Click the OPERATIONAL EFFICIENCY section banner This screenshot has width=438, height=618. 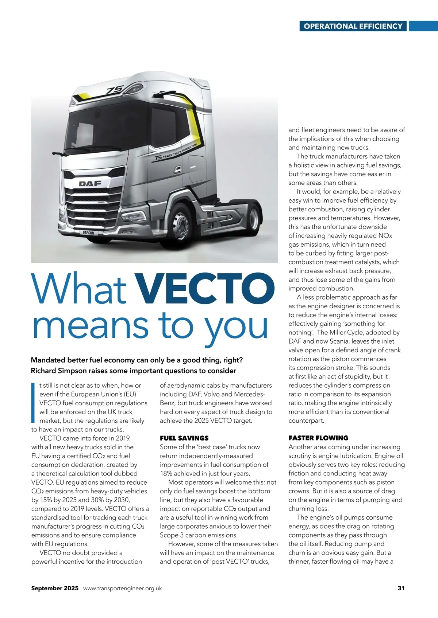click(x=353, y=26)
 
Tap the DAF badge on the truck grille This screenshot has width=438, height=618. click(x=90, y=183)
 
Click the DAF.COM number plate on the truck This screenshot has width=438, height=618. click(x=88, y=232)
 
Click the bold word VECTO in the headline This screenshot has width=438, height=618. click(x=204, y=289)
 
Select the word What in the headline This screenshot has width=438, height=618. click(x=79, y=289)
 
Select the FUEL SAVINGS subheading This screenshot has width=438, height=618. click(x=184, y=438)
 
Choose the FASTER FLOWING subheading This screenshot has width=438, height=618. click(x=318, y=438)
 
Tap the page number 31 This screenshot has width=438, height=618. click(x=401, y=588)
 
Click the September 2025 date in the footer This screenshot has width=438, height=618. click(x=55, y=588)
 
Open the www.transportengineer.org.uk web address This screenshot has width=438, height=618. click(x=123, y=588)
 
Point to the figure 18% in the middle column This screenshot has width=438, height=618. click(x=166, y=474)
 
